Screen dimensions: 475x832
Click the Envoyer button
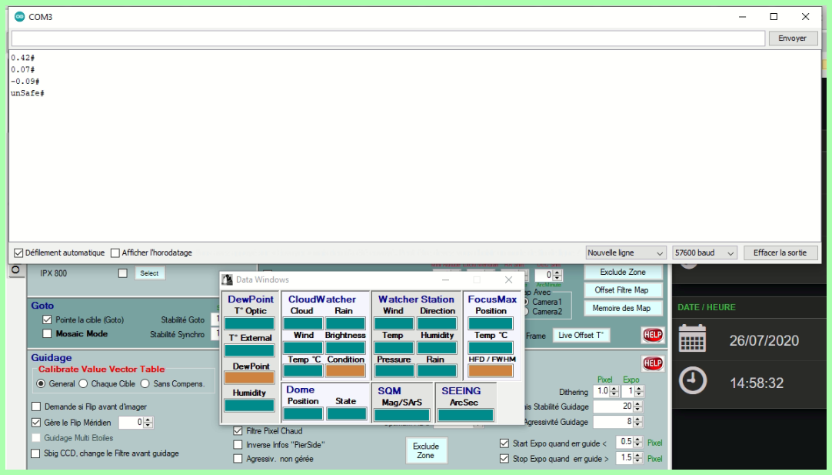pos(792,38)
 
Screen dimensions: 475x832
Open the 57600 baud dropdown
pos(704,253)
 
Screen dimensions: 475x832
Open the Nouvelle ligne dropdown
pos(625,253)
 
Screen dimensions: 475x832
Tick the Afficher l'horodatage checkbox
pos(115,253)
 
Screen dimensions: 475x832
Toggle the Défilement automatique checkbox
pos(18,253)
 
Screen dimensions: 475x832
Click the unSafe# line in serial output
pos(28,93)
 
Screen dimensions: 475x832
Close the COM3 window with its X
pos(805,16)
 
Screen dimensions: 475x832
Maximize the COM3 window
pos(774,16)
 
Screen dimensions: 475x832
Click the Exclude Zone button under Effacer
pos(623,272)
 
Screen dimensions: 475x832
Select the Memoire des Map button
pos(621,308)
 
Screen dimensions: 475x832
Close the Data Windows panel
pos(508,279)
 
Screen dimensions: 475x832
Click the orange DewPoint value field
pos(249,378)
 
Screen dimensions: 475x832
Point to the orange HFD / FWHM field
pos(491,371)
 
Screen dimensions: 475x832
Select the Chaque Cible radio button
pos(83,383)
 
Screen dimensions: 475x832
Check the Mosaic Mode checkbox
pos(48,334)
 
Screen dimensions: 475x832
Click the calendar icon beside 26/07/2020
pos(692,339)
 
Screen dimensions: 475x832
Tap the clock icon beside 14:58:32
pos(693,381)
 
